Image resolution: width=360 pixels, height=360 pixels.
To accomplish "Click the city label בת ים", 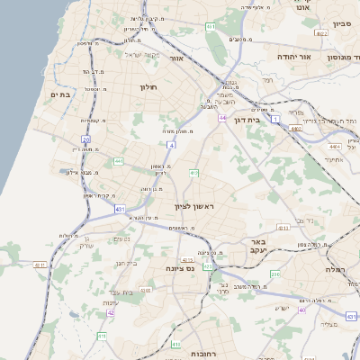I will (60, 94).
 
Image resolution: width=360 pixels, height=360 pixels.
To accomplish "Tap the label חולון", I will (148, 86).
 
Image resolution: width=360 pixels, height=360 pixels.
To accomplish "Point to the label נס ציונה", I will (181, 268).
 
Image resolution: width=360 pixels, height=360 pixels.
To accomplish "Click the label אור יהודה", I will (293, 56).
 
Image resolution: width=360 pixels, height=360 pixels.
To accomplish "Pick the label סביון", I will (341, 24).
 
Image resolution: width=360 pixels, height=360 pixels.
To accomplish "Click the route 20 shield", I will (86, 139).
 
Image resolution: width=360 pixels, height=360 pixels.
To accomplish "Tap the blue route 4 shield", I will (171, 143).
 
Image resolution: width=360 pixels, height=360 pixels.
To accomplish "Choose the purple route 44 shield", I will (221, 118).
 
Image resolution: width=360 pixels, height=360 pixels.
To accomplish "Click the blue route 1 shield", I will (275, 131).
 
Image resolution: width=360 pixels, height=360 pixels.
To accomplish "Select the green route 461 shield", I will (210, 27).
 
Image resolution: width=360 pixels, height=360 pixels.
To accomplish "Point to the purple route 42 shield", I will (111, 313).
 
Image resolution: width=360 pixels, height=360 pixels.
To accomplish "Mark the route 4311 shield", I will (40, 265).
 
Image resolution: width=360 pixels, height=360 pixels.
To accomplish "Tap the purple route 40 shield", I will (303, 309).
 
